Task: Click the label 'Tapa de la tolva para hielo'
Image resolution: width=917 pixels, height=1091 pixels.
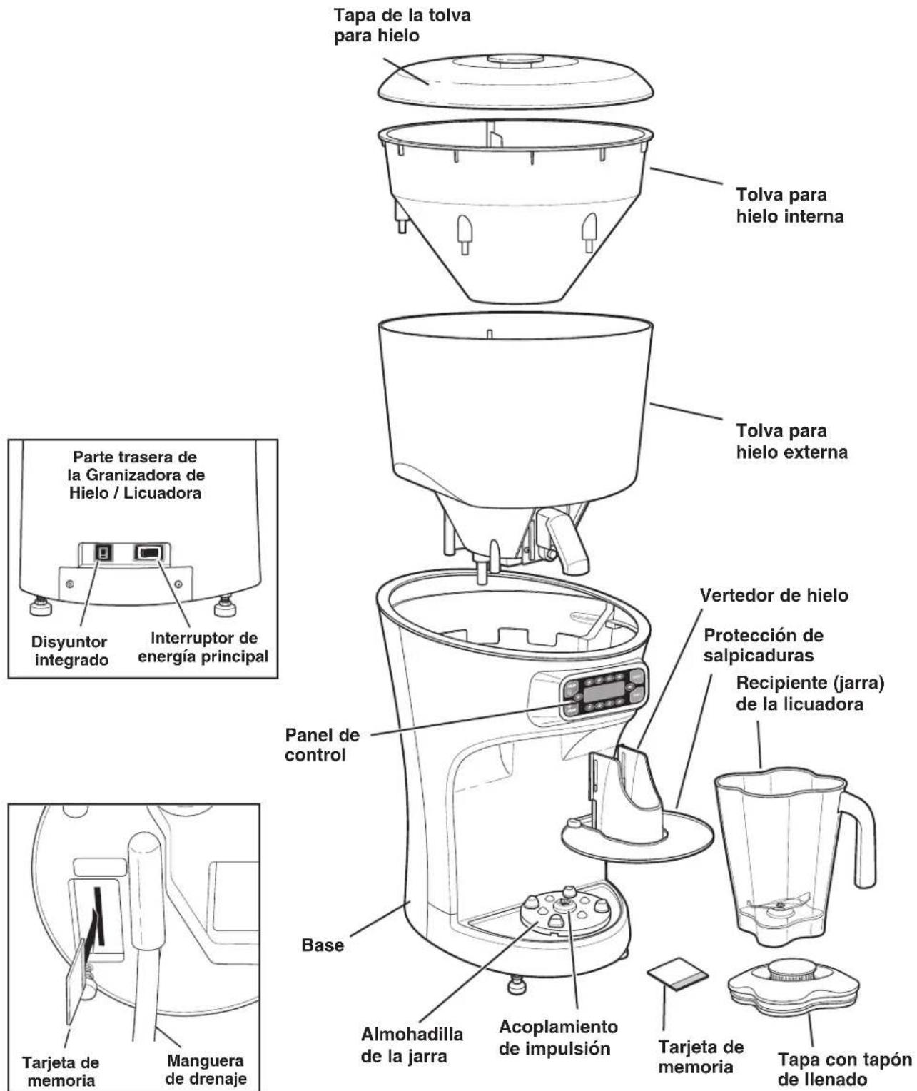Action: coord(402,26)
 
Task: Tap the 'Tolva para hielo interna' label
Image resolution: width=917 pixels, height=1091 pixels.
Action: coord(789,205)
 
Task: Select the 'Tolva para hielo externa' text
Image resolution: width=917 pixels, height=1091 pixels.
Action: coord(791,441)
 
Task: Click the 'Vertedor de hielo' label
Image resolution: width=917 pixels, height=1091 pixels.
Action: coord(774,595)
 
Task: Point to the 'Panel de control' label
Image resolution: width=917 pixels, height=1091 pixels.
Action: coord(322,744)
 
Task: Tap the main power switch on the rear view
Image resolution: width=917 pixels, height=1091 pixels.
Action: coord(150,552)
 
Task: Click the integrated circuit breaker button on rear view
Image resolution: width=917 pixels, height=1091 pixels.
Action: coord(103,552)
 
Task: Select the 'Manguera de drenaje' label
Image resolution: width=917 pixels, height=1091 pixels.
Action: coord(206,1070)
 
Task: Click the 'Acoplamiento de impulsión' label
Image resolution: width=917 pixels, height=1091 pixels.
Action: coord(558,1037)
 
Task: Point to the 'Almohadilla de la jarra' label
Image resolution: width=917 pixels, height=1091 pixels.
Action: coord(412,1045)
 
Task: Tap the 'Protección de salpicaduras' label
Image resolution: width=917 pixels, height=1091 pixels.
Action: coord(763,645)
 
